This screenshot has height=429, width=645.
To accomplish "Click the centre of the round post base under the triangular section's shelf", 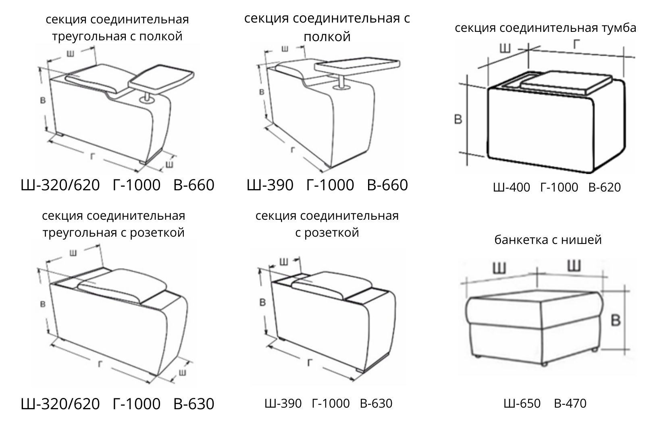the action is tap(148, 100).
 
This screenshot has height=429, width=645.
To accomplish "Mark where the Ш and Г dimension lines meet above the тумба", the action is tap(528, 50).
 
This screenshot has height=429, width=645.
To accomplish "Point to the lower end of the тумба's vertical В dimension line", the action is tap(467, 166).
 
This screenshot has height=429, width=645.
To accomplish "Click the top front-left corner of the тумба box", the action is tap(489, 89).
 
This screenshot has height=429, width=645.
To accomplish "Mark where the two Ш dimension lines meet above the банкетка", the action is tap(537, 273).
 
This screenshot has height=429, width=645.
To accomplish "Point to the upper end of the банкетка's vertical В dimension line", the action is tap(624, 285).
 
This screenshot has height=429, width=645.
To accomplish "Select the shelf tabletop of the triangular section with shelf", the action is tap(161, 79).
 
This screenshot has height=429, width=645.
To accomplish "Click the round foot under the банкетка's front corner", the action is tap(544, 365).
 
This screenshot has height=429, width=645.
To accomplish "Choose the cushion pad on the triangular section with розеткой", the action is tap(123, 285).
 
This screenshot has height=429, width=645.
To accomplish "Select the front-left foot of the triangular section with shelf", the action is tap(60, 134).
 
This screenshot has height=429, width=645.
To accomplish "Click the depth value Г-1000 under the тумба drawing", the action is tap(559, 187).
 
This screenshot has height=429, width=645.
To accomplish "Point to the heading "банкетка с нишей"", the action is tap(548, 239).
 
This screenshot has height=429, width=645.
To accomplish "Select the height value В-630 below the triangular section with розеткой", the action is tap(194, 404).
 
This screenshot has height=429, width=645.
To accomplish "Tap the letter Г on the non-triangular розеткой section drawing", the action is tap(309, 362).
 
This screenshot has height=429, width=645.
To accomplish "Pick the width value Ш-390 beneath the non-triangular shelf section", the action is tap(270, 185).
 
